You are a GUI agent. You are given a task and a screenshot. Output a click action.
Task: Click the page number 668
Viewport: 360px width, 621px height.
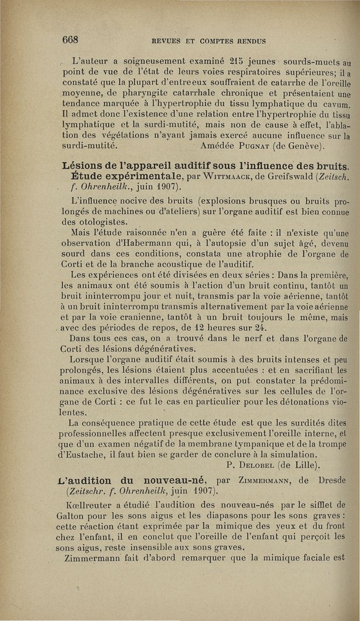pyautogui.click(x=71, y=40)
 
